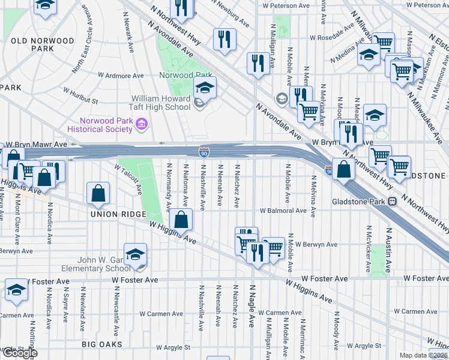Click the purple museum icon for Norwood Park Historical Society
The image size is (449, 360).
pyautogui.click(x=142, y=125)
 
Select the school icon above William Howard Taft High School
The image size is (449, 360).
pyautogui.click(x=205, y=89)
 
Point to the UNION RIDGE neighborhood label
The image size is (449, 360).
pyautogui.click(x=118, y=215)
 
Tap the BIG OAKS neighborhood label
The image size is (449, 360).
pyautogui.click(x=102, y=344)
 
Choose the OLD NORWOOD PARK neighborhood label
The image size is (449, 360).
pyautogui.click(x=43, y=45)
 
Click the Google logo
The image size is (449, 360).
pyautogui.click(x=19, y=353)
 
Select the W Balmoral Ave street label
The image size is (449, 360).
pyautogui.click(x=283, y=211)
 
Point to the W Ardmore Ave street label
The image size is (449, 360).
pyautogui.click(x=121, y=76)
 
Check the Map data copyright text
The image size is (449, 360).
pyautogui.click(x=424, y=355)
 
